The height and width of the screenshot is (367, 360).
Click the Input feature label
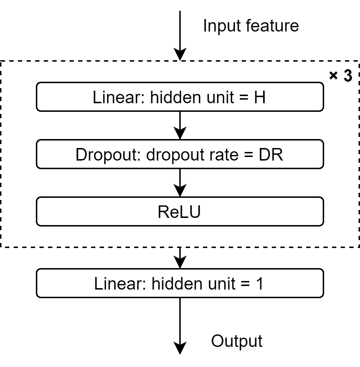point(251,27)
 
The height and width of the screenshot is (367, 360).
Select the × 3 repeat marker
point(340,76)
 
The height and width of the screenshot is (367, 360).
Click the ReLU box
point(179,212)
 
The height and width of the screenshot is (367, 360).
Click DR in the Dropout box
point(272,154)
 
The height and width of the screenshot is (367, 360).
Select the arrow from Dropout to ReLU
point(180,182)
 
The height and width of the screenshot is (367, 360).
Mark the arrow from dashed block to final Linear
point(180,257)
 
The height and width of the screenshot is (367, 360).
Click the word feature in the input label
point(275,27)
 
